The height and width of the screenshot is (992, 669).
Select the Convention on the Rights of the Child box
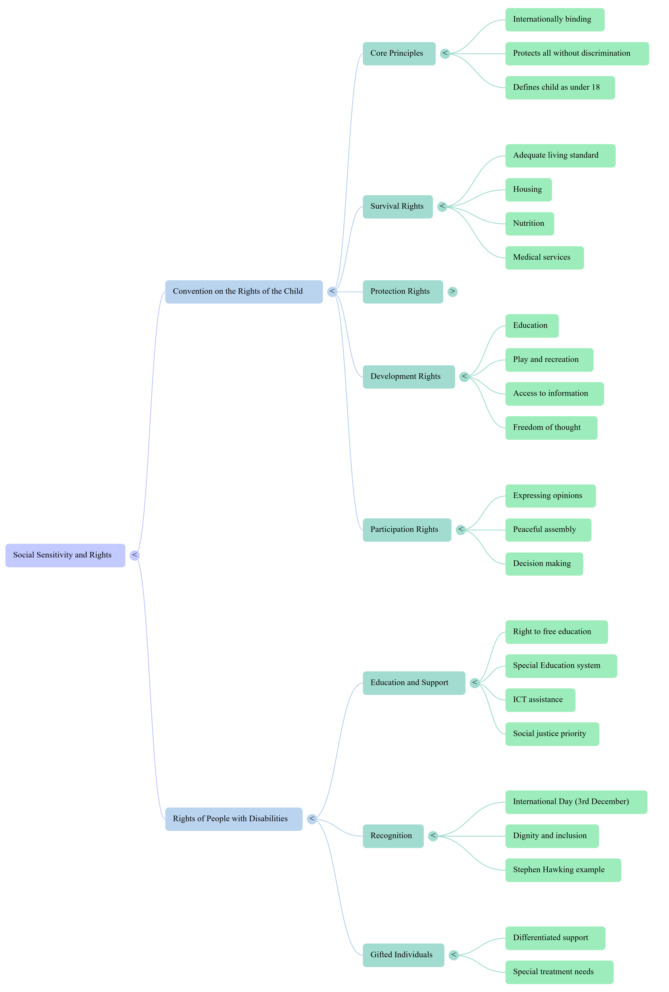pos(244,292)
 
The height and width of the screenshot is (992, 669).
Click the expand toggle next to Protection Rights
pos(453,292)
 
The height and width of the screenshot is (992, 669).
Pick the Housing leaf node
pos(529,190)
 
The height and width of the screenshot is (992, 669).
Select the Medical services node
pos(544,258)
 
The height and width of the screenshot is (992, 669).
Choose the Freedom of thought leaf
pos(551,428)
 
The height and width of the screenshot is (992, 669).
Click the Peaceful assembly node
pos(548,530)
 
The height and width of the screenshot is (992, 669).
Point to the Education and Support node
pos(414,683)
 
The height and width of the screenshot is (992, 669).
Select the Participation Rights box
pos(407,530)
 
